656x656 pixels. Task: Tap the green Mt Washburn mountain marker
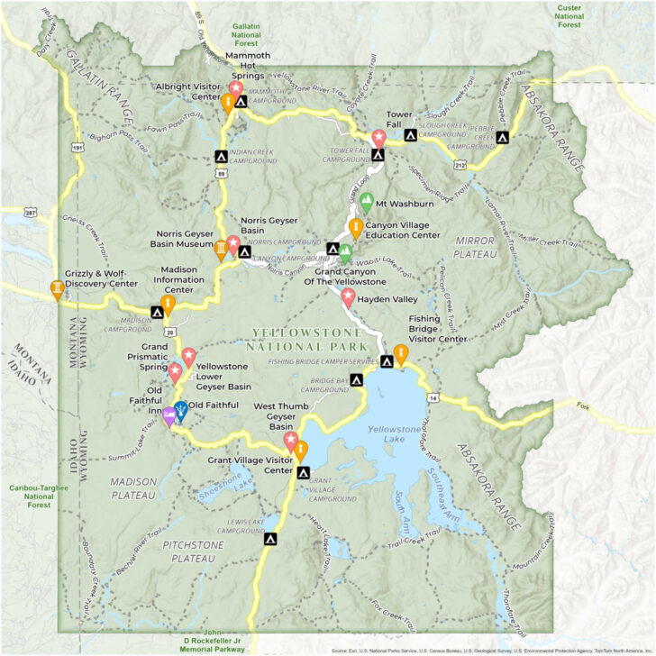point(366,203)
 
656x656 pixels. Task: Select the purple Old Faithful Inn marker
point(169,415)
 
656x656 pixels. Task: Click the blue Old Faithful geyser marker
point(181,411)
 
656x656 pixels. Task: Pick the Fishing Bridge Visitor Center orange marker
point(400,353)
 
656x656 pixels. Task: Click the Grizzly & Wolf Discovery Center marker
point(58,289)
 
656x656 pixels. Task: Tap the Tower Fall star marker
point(379,139)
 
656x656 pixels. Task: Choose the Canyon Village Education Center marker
point(356,227)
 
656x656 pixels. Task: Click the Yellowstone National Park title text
point(309,339)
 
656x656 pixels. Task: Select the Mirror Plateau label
point(476,248)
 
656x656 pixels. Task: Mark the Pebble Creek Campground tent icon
point(502,138)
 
